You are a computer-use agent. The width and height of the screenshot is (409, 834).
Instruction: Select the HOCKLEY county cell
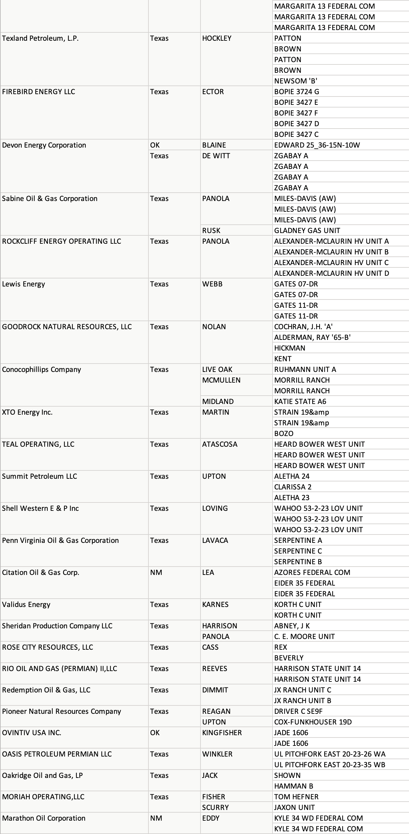point(217,38)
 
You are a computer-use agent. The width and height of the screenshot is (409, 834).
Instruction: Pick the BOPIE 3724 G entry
point(297,92)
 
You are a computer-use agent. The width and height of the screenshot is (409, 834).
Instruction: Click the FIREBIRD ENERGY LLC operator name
point(38,92)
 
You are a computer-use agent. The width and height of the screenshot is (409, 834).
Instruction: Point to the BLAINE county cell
point(214,145)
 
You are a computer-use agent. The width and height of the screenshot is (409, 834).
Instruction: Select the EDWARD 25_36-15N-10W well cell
point(317,145)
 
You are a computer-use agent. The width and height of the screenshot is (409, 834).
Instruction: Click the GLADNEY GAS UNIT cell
point(307,231)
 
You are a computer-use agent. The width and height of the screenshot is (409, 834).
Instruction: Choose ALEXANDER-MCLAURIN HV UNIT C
point(331,263)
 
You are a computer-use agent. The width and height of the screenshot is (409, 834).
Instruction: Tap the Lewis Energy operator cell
point(23,284)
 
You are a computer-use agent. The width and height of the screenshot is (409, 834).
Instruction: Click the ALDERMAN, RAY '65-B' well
point(312,338)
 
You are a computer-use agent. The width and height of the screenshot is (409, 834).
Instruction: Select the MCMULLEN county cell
point(221,380)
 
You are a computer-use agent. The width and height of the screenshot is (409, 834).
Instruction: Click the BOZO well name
point(284,434)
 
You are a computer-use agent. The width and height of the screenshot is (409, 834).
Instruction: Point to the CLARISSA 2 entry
point(293,487)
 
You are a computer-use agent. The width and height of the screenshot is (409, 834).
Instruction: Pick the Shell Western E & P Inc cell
point(40,508)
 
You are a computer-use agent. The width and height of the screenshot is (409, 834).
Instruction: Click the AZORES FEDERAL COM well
point(312,573)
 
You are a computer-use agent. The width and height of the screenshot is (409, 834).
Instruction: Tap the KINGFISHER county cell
point(222,733)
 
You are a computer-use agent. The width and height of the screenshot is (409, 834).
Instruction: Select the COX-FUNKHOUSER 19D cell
point(313,722)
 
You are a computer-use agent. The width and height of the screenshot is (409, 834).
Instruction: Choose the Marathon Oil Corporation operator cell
point(44,818)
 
